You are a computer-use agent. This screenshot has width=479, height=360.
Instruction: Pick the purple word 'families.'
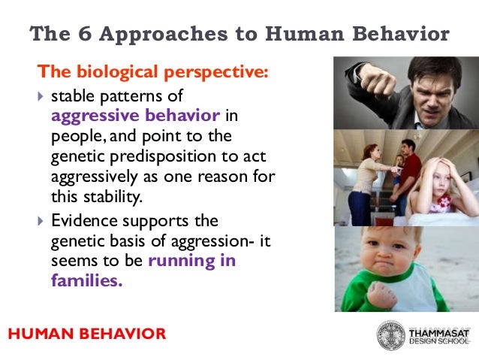86,280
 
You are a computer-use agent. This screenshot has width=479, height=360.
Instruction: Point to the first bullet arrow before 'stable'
41,97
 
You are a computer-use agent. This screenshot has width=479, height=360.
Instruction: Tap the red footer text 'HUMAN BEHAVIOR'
87,333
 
